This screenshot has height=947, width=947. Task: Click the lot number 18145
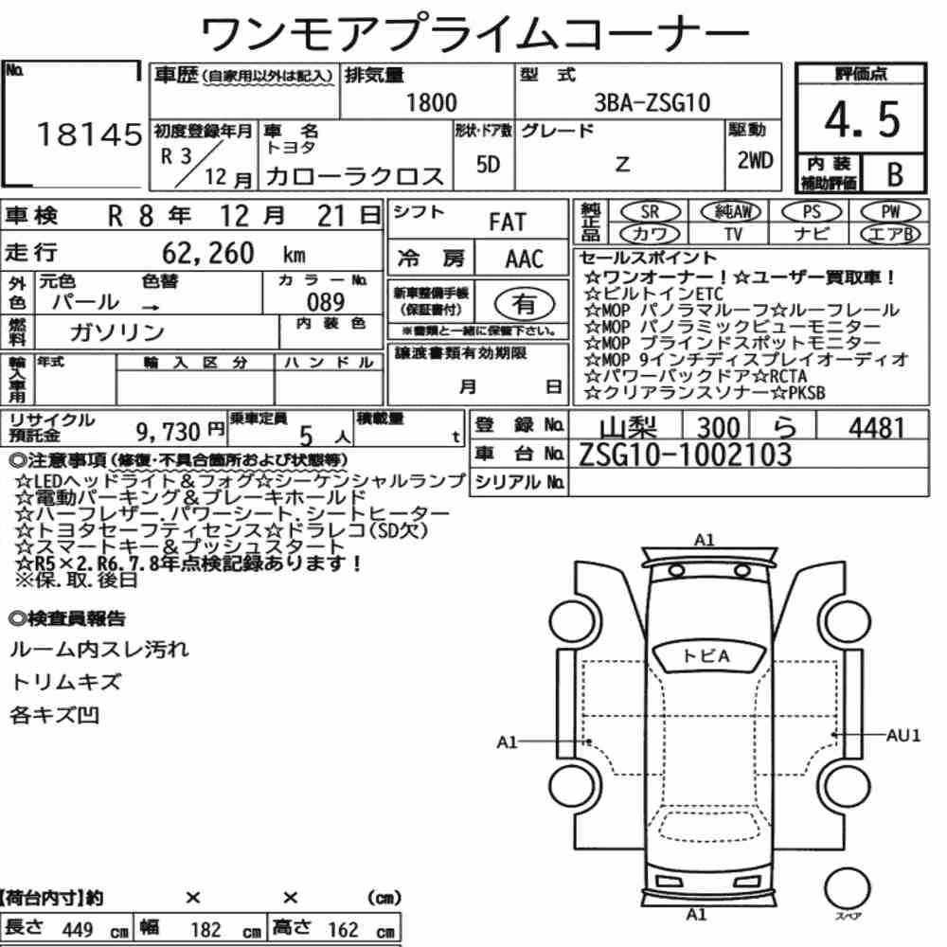90,134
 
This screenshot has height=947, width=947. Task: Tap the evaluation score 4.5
863,119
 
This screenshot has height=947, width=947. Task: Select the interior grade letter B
895,174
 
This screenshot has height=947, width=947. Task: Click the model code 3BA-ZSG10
652,102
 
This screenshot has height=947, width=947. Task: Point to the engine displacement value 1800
431,102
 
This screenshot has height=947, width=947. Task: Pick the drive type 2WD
755,160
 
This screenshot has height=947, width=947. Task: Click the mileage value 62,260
207,253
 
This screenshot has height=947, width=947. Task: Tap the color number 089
326,301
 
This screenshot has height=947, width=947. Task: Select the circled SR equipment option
650,212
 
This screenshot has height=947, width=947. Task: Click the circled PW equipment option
890,212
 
